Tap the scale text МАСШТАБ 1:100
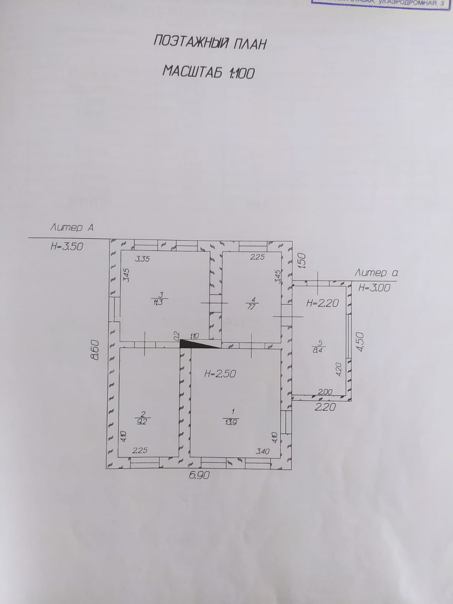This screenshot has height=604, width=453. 208,72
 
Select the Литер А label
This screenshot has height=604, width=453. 72,228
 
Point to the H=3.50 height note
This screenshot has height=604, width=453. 67,247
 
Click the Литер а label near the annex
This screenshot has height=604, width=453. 376,273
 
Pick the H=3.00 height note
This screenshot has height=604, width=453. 374,288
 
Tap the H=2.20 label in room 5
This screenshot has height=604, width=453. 322,303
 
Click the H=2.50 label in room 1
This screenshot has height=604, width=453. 220,374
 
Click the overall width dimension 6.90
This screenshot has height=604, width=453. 199,476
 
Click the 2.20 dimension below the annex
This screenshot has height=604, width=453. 325,407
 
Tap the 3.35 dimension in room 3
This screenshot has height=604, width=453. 142,259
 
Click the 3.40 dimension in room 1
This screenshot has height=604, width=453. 263,451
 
